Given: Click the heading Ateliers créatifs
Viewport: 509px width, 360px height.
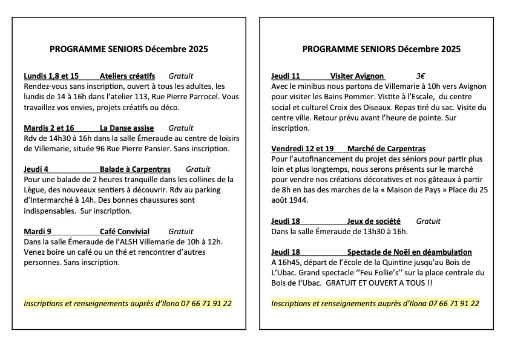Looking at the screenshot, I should pos(127,76).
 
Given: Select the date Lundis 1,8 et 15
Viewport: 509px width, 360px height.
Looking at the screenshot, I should pos(51,76).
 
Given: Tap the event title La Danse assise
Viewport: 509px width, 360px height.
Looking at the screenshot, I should pos(127,128).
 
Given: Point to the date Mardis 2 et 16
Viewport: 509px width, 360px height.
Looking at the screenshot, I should pos(49,128).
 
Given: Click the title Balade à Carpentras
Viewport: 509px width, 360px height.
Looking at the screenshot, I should pos(135,169).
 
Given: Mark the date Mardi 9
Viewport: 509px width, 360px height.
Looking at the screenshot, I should pos(38,232).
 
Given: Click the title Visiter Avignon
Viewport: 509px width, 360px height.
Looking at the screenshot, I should pos(357,76).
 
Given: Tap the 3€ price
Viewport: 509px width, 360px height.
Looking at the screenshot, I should pos(421,76).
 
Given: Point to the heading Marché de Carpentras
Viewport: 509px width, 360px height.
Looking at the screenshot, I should pos(387,149).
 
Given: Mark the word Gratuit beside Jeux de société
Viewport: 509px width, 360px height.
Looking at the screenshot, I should pos(429,221).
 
